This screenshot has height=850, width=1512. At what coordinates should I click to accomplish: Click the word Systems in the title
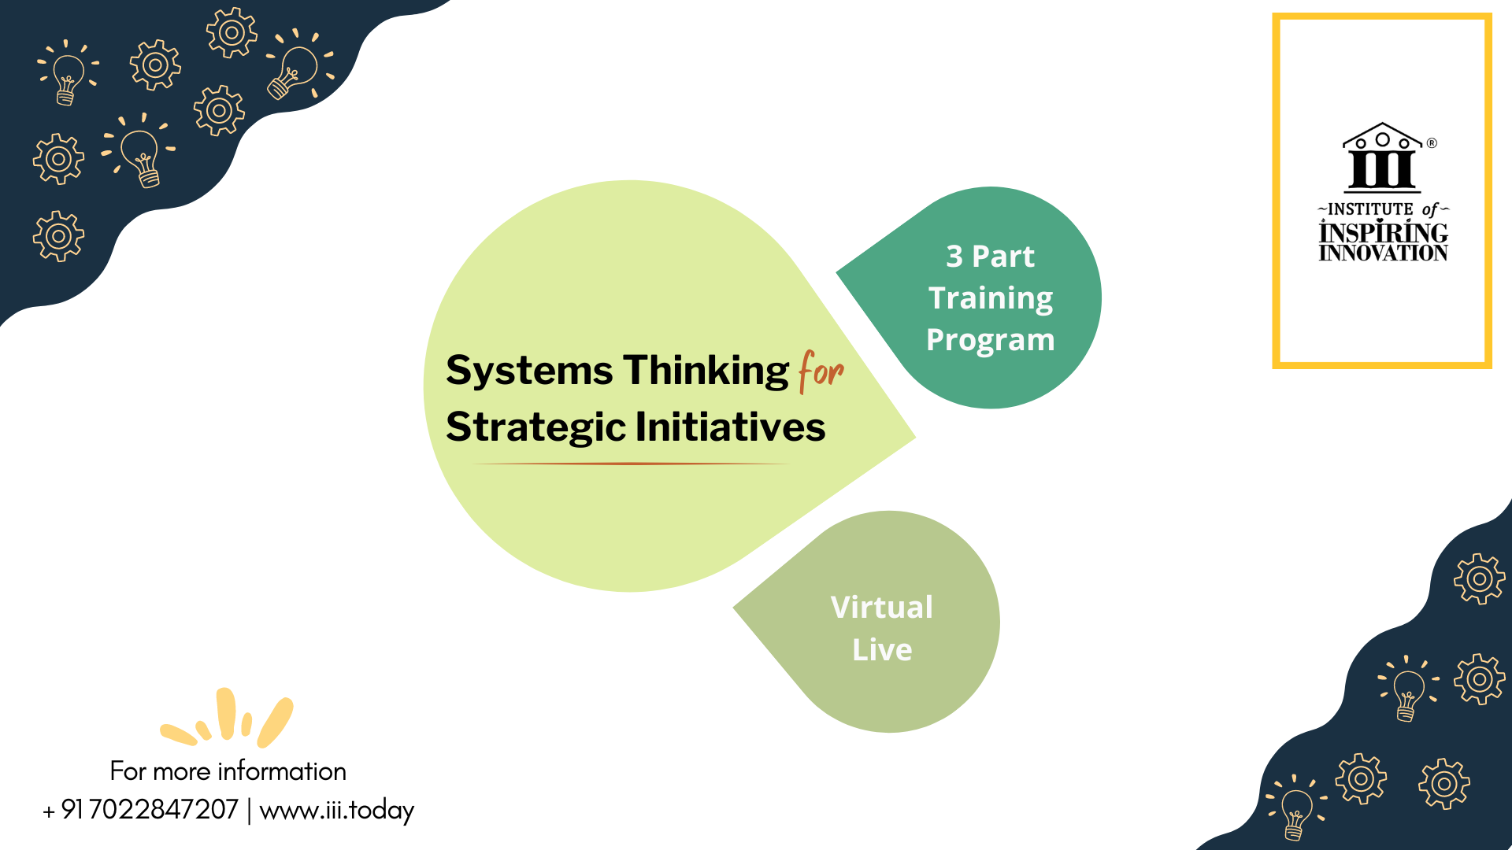(x=529, y=371)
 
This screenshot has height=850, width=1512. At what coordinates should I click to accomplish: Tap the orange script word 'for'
(x=821, y=371)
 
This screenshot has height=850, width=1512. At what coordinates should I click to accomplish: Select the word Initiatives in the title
(x=730, y=427)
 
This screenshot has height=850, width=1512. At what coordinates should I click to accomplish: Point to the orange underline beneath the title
(x=631, y=464)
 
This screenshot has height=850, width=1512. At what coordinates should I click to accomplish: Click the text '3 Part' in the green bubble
(x=990, y=257)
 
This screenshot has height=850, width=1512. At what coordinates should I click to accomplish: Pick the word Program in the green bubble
(x=990, y=341)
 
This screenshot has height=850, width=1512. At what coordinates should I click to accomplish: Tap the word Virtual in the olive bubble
(x=881, y=608)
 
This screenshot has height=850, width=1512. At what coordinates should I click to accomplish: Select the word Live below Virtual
(x=882, y=650)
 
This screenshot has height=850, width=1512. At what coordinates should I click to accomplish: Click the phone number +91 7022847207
(x=140, y=810)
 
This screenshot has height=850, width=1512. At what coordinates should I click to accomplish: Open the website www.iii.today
(x=337, y=811)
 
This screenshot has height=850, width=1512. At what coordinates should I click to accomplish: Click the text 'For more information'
(x=228, y=771)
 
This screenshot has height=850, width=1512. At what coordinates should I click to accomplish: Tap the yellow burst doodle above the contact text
(x=227, y=718)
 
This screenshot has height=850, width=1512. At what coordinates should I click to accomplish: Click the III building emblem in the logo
(x=1382, y=158)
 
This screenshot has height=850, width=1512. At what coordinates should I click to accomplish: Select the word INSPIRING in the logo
(x=1384, y=232)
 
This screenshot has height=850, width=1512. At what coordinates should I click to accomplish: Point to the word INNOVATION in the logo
(x=1384, y=253)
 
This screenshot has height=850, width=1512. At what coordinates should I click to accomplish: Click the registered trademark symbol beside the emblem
(x=1432, y=143)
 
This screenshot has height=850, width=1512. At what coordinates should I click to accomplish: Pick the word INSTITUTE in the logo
(x=1370, y=209)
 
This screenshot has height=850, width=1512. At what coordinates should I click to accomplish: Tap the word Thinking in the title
(x=706, y=371)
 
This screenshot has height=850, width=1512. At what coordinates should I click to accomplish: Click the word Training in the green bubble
(x=991, y=299)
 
